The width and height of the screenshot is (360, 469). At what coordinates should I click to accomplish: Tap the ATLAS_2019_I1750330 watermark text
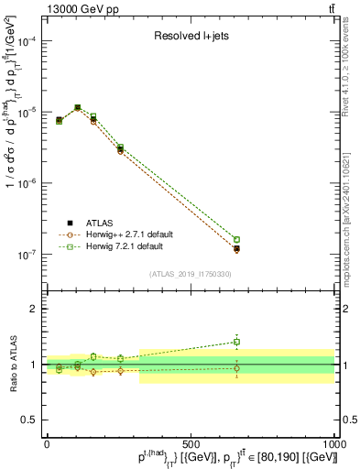191,273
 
